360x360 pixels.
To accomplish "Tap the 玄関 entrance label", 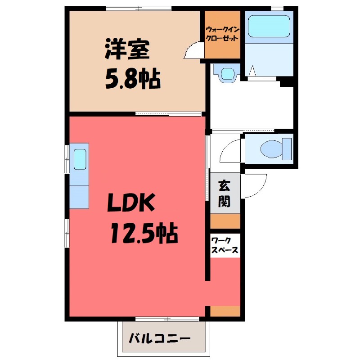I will point(224,193).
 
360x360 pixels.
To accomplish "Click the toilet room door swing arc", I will point(230,151).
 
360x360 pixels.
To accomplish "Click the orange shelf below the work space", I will point(225,311).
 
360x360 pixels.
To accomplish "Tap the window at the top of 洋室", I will point(139,8).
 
